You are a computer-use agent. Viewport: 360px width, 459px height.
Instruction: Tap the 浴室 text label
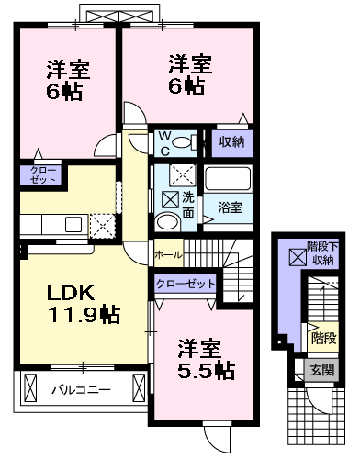click(x=231, y=207)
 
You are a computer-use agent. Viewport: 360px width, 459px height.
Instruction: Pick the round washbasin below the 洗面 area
click(x=166, y=223)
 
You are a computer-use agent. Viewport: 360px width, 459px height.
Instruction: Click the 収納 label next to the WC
click(x=231, y=141)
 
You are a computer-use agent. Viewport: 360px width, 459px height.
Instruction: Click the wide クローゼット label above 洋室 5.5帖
click(x=185, y=285)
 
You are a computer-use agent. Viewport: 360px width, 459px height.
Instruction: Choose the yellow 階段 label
click(x=322, y=338)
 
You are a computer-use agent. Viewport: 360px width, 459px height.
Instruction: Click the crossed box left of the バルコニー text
click(x=31, y=389)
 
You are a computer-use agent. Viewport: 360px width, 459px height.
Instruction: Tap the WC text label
click(x=166, y=141)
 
